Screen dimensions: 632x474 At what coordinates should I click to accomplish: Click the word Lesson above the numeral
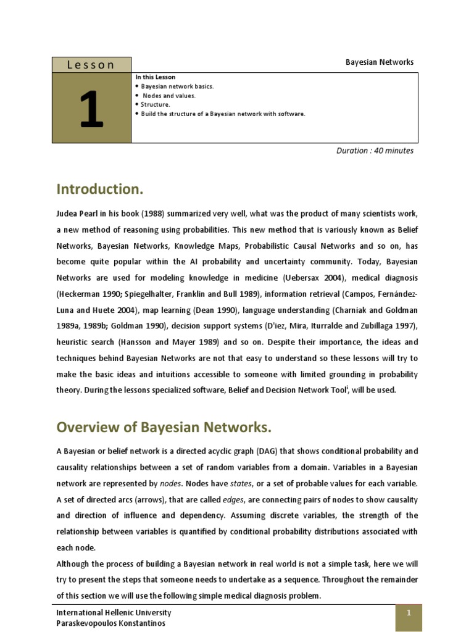(x=91, y=65)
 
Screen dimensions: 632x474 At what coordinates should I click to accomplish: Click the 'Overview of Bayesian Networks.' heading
(x=164, y=427)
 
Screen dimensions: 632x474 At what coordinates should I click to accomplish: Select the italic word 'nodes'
(x=162, y=483)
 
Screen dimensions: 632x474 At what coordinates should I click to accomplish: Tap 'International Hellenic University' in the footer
(x=114, y=613)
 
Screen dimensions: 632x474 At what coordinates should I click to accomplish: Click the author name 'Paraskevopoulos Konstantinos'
(x=110, y=623)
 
